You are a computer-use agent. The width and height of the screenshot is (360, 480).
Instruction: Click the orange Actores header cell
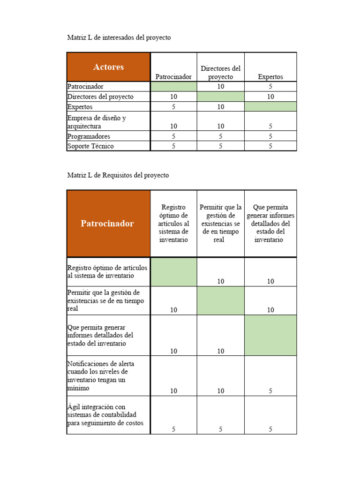[108, 67]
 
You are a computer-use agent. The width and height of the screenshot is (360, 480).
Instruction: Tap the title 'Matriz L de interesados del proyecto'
[119, 37]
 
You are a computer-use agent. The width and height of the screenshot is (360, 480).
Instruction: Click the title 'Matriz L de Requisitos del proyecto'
[118, 175]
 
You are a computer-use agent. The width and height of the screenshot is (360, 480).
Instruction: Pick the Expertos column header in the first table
[270, 77]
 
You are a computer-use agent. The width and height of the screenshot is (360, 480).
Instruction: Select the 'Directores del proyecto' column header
[221, 73]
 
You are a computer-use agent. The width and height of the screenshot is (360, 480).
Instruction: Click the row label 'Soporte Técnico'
[90, 146]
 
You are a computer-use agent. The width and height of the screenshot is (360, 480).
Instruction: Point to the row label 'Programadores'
[89, 136]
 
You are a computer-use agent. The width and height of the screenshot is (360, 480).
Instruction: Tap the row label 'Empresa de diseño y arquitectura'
[97, 122]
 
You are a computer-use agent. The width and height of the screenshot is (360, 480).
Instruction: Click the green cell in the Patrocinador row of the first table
[173, 87]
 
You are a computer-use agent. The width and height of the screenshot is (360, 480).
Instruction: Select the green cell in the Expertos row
[270, 107]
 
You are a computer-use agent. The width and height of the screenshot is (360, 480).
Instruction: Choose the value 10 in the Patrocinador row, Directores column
[221, 87]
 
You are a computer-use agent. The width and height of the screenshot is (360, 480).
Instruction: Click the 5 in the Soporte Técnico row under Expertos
[270, 146]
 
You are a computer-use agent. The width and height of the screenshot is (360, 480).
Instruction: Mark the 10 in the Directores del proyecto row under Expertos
[270, 97]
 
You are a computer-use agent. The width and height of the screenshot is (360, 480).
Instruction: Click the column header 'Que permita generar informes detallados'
[270, 223]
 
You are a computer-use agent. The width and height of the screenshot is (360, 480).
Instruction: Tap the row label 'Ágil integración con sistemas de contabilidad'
[105, 415]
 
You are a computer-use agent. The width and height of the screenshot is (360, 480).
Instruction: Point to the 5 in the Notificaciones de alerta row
[270, 391]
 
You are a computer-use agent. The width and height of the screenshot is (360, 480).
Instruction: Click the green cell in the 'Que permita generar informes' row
[270, 335]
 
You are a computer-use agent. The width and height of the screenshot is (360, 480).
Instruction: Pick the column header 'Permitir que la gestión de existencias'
[221, 223]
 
